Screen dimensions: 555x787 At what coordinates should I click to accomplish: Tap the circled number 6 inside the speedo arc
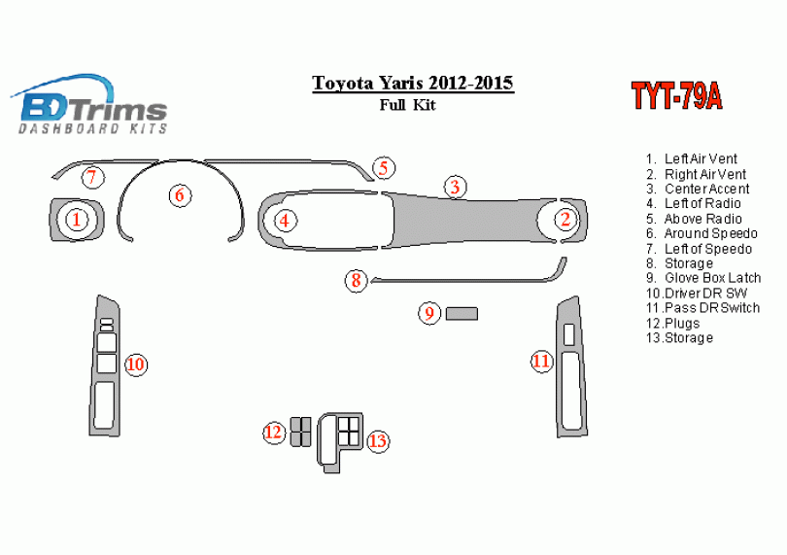pyautogui.click(x=180, y=195)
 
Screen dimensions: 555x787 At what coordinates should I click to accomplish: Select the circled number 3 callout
pyautogui.click(x=454, y=187)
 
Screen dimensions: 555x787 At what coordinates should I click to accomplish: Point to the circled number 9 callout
pyautogui.click(x=428, y=313)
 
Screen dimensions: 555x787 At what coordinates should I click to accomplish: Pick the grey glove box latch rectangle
pyautogui.click(x=462, y=313)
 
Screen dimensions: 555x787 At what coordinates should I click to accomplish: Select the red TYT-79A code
pyautogui.click(x=676, y=96)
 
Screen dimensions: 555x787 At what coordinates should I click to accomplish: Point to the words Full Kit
pyautogui.click(x=408, y=105)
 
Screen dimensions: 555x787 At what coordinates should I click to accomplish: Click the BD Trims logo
pyautogui.click(x=89, y=105)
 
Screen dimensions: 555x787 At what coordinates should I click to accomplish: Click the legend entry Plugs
pyautogui.click(x=681, y=323)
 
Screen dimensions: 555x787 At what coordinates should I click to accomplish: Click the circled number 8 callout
pyautogui.click(x=357, y=282)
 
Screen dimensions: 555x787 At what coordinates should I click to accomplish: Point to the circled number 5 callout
pyautogui.click(x=384, y=168)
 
